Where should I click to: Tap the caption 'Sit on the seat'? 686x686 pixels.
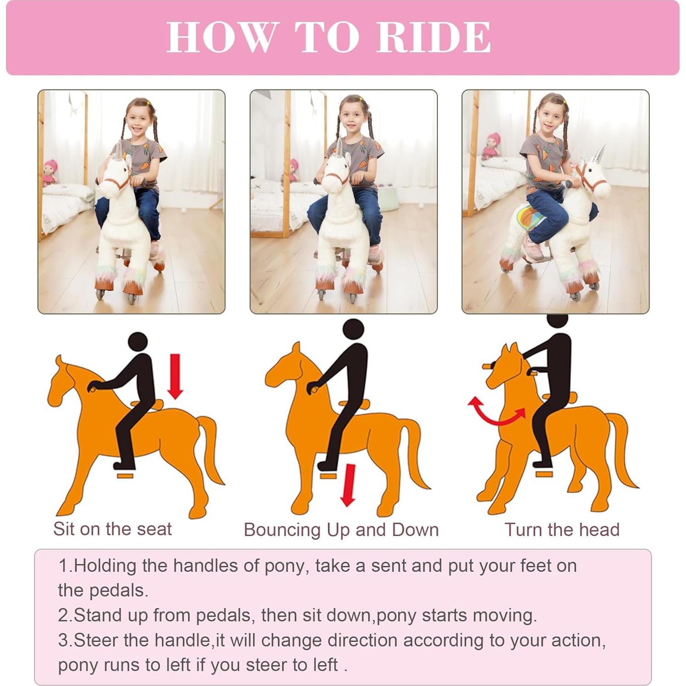112,529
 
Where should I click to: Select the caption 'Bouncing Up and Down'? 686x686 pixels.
341,530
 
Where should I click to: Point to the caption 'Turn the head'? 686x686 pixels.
562,530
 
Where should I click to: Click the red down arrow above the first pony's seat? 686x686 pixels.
175,376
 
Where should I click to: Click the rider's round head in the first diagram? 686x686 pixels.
138,343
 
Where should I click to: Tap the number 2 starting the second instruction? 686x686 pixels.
63,615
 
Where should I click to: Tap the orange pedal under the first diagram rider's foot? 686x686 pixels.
125,476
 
